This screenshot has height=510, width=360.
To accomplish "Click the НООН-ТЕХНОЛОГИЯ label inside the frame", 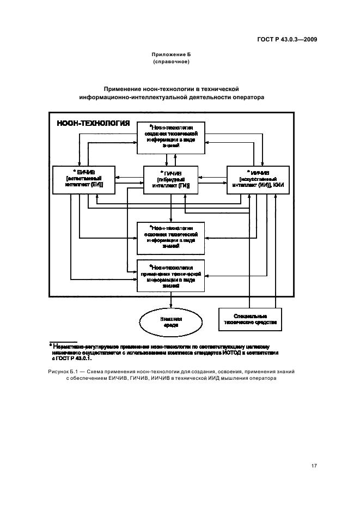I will click(93, 124).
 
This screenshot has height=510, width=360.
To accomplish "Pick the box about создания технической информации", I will click(171, 136).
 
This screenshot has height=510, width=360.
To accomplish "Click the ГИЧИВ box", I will click(171, 179).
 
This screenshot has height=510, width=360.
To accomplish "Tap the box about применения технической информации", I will click(171, 276).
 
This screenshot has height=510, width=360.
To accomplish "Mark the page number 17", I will click(314, 465).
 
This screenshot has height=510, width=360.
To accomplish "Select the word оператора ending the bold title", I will click(246, 98).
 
